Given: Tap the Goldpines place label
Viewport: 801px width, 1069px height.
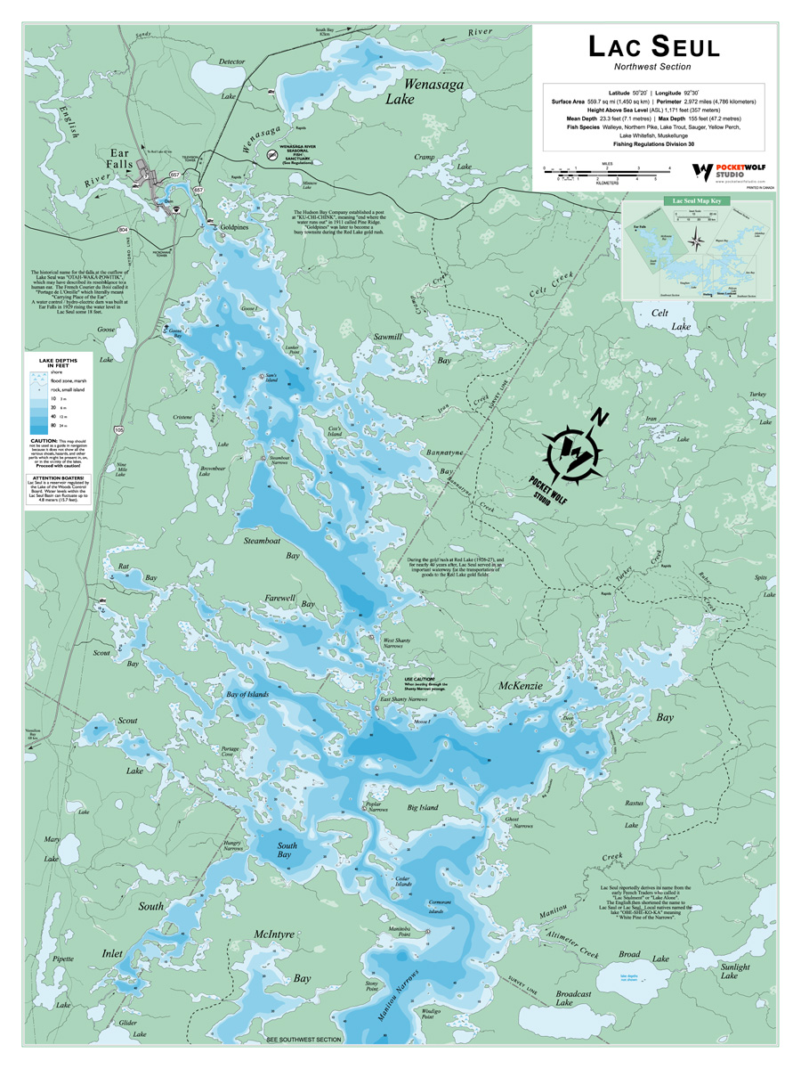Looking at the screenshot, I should tap(231, 229).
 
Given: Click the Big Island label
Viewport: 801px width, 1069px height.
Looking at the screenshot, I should tap(423, 808).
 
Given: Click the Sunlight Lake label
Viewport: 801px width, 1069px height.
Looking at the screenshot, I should tap(734, 970).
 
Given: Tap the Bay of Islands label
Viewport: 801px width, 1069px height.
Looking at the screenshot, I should tap(247, 694).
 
